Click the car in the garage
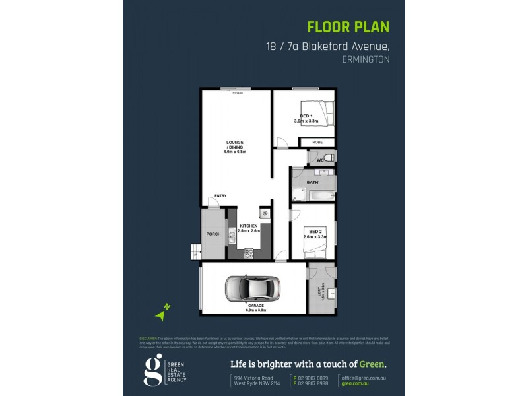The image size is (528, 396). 253,288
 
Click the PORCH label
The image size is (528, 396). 214,234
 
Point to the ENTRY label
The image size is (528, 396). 220,195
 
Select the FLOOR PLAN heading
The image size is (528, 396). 348,27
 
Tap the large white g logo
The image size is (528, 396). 153,370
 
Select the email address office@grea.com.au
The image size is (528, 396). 364,377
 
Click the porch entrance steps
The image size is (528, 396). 196,251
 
